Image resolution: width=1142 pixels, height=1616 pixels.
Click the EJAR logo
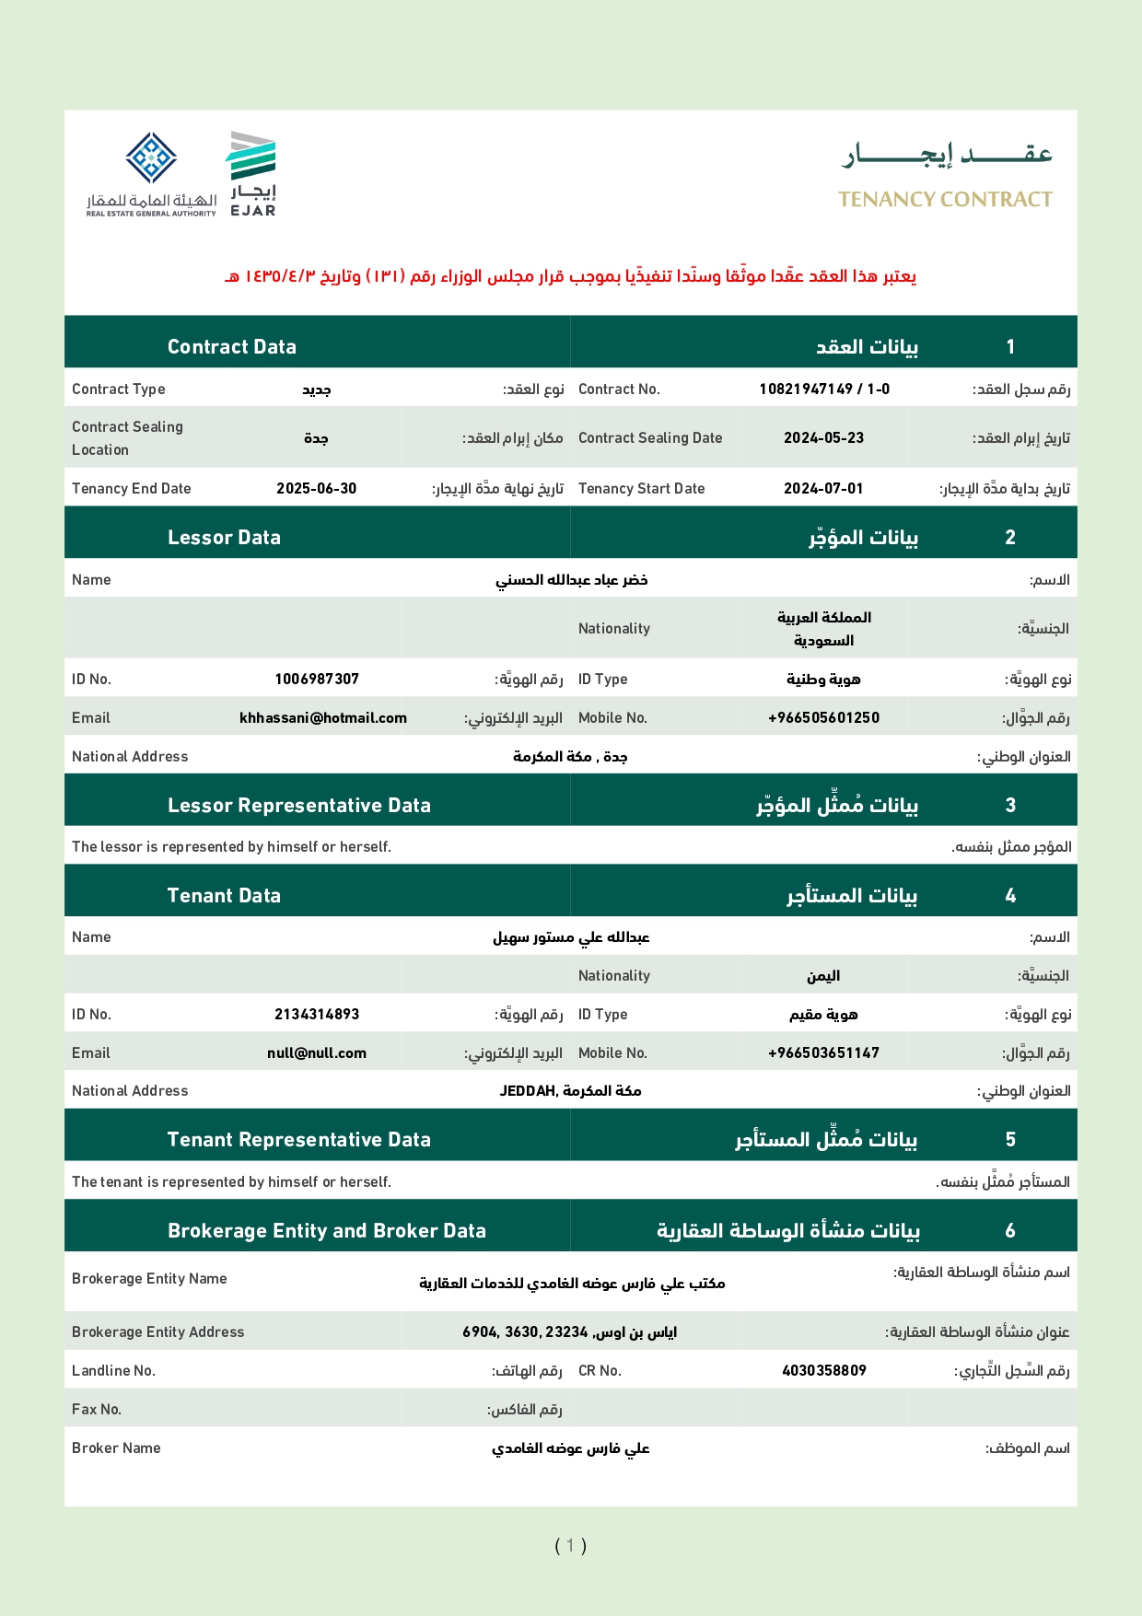(x=252, y=174)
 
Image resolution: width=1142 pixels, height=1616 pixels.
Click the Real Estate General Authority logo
(x=152, y=174)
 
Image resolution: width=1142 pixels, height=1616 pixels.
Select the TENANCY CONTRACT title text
(x=945, y=200)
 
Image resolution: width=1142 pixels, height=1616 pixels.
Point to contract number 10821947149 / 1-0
(x=824, y=389)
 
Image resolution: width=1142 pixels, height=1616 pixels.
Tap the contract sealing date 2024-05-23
(x=823, y=438)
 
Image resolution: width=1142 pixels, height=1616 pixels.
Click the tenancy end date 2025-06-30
(x=316, y=489)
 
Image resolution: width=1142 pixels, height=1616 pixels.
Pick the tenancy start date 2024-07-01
(x=823, y=489)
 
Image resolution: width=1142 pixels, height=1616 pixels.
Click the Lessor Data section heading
(x=224, y=538)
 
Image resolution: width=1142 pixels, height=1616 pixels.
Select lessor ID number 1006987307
(x=317, y=680)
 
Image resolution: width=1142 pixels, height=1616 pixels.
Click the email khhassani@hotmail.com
(x=322, y=718)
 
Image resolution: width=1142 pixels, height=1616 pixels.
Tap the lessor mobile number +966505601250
(x=823, y=718)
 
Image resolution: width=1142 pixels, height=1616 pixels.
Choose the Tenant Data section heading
(x=224, y=896)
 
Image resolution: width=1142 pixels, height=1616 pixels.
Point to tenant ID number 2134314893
(x=317, y=1015)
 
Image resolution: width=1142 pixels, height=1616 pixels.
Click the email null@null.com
(x=317, y=1053)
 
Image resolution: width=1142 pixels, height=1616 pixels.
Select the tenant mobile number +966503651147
(x=823, y=1053)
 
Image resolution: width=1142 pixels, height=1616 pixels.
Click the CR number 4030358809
(x=823, y=1371)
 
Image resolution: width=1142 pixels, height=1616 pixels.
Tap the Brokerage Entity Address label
(x=157, y=1332)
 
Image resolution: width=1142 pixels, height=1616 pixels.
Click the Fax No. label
(x=97, y=1410)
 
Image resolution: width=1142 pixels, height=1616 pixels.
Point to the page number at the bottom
(x=570, y=1546)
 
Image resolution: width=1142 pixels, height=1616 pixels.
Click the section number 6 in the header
(x=1010, y=1231)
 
